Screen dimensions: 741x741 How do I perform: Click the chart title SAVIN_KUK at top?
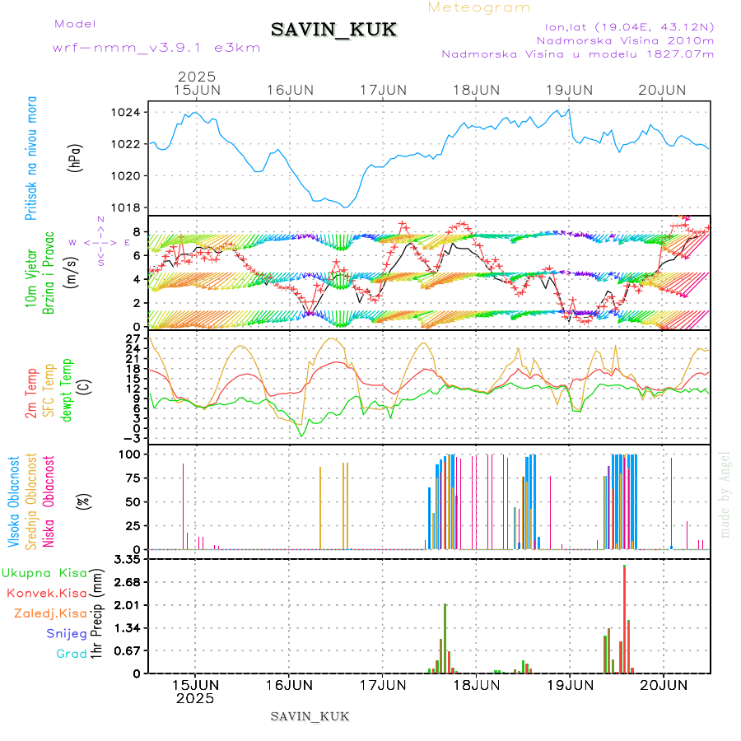pyautogui.click(x=333, y=30)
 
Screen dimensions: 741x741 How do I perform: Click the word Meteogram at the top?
pyautogui.click(x=479, y=7)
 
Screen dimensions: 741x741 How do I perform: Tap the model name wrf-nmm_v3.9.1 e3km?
pyautogui.click(x=156, y=48)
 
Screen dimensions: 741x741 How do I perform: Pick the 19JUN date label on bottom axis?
pyautogui.click(x=570, y=684)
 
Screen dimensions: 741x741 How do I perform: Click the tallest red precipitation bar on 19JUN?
pyautogui.click(x=624, y=617)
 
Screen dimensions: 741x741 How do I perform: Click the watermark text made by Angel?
pyautogui.click(x=725, y=494)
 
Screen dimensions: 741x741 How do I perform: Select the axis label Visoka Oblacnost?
pyautogui.click(x=14, y=501)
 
